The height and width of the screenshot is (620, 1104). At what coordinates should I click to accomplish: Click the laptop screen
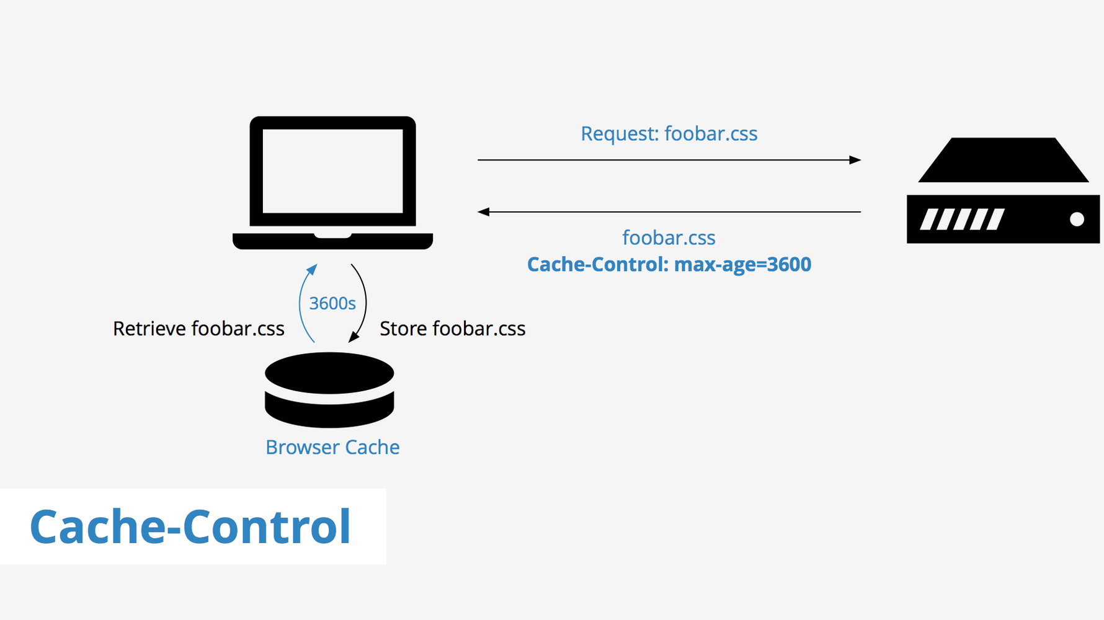pos(332,171)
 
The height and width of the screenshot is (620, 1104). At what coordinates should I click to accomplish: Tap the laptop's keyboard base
pos(332,242)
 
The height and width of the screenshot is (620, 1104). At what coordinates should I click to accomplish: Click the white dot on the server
pos(1077,219)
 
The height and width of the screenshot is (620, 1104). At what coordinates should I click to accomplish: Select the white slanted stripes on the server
pos(961,219)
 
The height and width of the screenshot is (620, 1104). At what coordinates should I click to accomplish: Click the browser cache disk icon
pos(329,389)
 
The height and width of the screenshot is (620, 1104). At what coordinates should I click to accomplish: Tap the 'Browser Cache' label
pos(332,447)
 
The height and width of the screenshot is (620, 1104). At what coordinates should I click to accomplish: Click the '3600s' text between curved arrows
pos(332,303)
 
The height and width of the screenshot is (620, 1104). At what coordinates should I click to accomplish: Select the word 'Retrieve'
pos(149,329)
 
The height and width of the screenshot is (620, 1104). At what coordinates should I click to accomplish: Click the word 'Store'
pos(403,329)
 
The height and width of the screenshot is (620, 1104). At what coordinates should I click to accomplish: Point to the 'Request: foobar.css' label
pos(669,134)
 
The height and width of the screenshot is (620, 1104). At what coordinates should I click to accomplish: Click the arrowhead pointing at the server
pos(855,160)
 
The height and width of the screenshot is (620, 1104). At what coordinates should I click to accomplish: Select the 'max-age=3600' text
pos(742,265)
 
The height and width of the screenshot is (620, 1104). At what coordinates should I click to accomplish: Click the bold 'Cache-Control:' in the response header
pos(597,265)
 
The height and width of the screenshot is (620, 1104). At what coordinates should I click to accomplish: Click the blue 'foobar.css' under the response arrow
pos(669,238)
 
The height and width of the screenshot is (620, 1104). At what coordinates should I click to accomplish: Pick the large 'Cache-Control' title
pos(190,527)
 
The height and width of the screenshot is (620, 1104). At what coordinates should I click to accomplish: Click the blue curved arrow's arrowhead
pos(313,268)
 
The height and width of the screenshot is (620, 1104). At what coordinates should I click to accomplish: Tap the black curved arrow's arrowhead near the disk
pos(353,337)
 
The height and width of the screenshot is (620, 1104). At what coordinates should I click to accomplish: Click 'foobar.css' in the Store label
pos(479,329)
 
